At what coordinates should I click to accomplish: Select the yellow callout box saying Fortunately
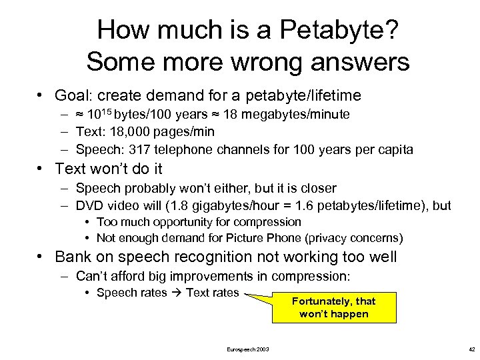333,307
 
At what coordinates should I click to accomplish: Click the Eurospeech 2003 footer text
248,349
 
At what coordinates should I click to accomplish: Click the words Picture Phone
248,238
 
